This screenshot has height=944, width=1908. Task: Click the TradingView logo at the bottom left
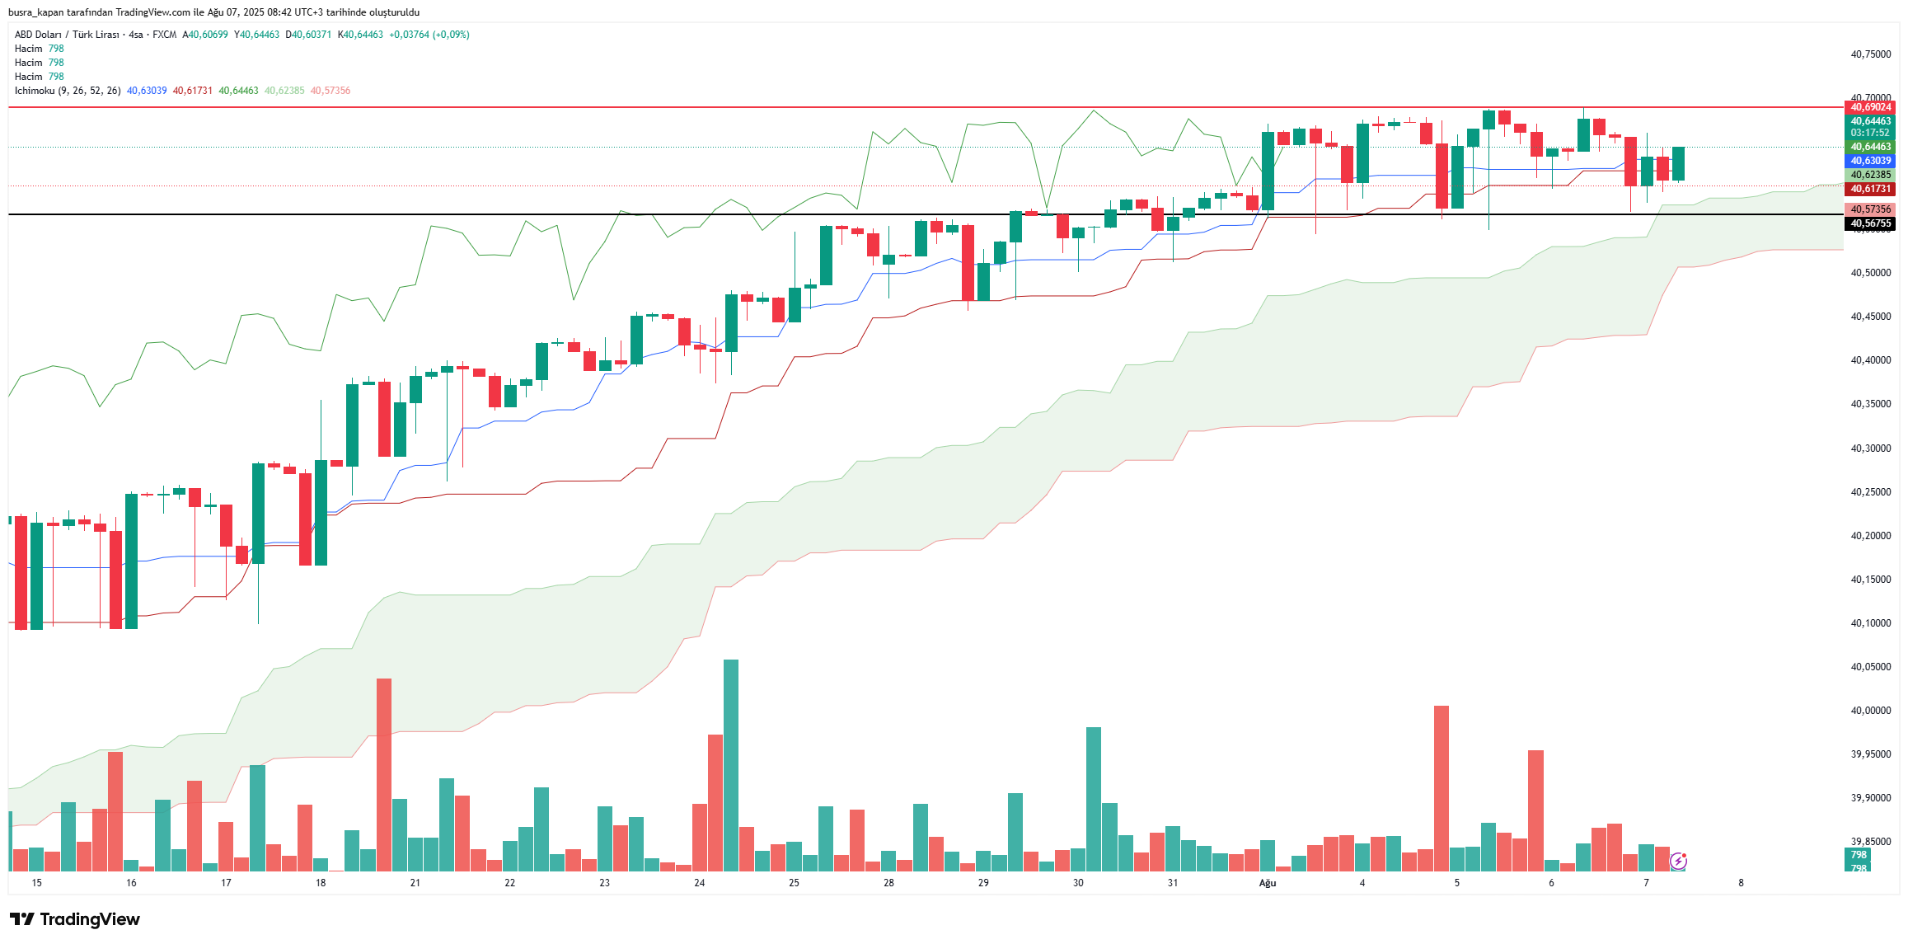75,919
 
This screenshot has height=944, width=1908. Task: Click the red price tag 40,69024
1870,107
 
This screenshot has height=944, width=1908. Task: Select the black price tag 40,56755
1870,223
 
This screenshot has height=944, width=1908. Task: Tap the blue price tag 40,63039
1870,161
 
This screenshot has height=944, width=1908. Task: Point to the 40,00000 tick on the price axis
1870,711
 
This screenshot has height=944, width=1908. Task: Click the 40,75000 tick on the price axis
1870,54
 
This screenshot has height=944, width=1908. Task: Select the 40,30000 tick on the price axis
1870,449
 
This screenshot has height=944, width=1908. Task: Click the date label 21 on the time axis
415,883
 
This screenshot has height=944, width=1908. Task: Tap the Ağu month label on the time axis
1268,883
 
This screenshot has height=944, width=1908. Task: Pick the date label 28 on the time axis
888,883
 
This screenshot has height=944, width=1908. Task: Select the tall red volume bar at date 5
1442,788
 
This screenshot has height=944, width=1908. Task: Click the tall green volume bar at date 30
1094,799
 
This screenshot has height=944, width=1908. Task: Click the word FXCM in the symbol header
165,35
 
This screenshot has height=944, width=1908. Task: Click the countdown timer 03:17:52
1870,133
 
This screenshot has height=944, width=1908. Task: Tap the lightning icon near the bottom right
1678,862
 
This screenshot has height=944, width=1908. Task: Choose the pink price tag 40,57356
1870,209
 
